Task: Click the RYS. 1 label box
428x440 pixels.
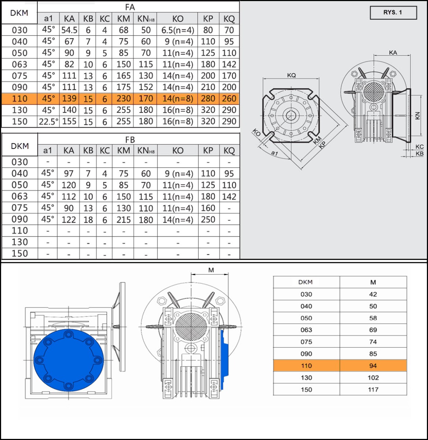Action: coord(393,13)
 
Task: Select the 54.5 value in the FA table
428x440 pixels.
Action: coord(69,30)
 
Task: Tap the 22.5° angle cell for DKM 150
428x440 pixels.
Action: coord(48,122)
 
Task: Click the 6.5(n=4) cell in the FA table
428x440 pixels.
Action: coord(178,30)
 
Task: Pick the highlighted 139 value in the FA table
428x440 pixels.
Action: coord(69,99)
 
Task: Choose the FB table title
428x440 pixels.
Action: coord(130,140)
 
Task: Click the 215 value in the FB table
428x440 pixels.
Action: coord(123,220)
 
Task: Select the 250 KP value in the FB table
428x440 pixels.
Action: coord(208,220)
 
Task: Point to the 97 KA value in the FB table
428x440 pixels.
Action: coord(69,173)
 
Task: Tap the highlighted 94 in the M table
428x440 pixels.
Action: coord(373,366)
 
